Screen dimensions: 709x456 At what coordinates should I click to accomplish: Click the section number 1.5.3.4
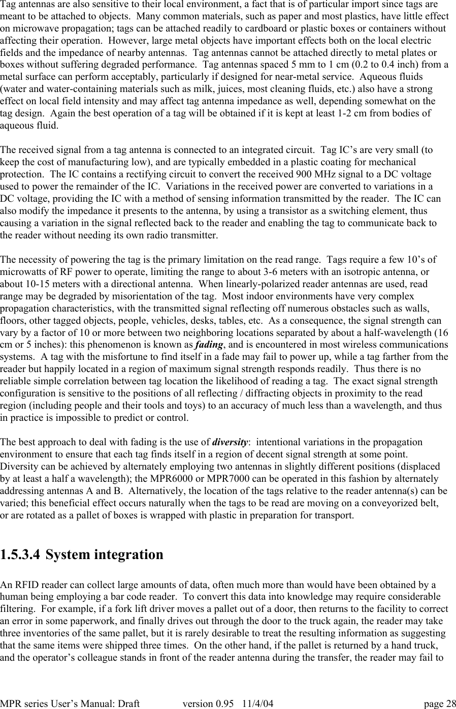pos(21,554)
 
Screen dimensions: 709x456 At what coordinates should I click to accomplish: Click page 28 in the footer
pos(440,703)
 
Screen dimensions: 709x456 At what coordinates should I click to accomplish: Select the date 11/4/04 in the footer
pos(257,703)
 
